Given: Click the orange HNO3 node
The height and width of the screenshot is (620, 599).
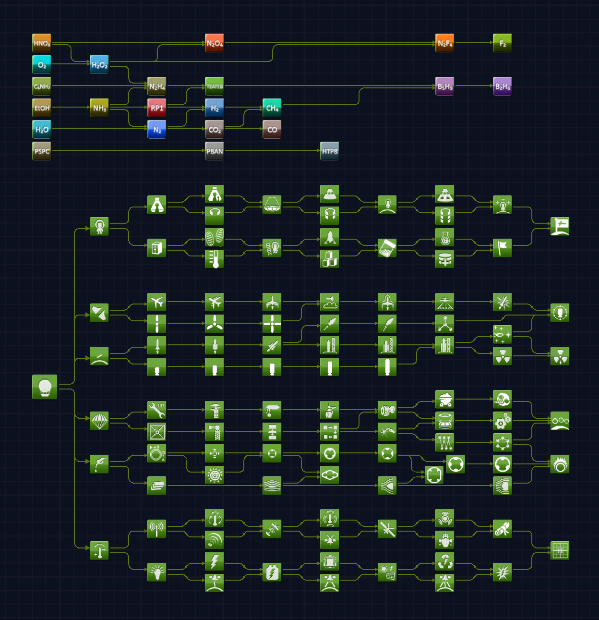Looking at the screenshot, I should click(42, 43).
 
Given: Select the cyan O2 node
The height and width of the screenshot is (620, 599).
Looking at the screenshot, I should click(42, 65).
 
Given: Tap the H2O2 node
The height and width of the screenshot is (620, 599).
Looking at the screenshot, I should click(99, 65).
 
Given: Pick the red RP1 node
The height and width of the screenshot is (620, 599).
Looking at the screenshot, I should click(157, 108).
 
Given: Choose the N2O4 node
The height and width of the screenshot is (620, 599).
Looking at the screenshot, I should click(215, 43).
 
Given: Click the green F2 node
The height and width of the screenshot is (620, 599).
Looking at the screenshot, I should click(503, 43).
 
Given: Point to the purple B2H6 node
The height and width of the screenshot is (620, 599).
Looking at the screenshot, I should click(503, 86).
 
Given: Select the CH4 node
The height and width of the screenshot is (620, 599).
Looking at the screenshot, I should click(272, 108).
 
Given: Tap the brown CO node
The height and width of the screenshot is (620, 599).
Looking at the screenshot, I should click(272, 130).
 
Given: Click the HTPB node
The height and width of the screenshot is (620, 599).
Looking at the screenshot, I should click(330, 151).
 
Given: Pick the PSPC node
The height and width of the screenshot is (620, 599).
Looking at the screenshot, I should click(42, 151).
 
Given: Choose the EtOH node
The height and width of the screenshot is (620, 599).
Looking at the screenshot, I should click(42, 108).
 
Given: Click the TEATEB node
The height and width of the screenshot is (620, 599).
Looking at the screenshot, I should click(215, 86).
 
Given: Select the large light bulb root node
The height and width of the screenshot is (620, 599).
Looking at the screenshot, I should click(45, 387).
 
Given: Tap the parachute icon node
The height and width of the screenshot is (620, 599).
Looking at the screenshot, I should click(99, 421).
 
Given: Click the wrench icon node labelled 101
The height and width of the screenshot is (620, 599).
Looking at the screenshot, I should click(157, 410).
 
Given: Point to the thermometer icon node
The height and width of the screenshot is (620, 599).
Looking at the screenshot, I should click(215, 259).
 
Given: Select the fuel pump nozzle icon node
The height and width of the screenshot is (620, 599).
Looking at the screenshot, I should click(99, 464).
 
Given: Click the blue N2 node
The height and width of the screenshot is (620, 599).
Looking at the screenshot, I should click(157, 130).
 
